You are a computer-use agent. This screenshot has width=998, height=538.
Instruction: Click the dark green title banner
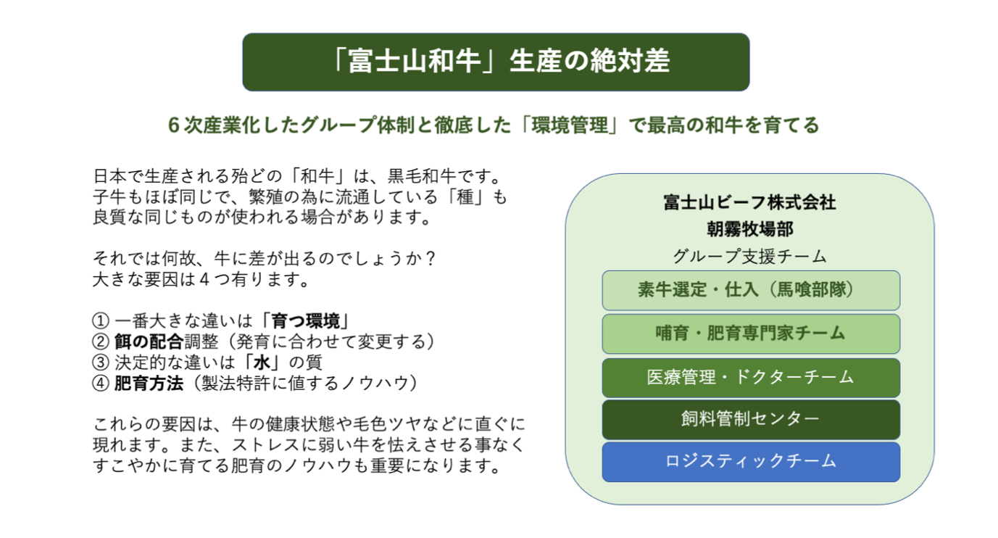496,62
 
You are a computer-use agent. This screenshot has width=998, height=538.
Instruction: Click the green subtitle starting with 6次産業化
494,125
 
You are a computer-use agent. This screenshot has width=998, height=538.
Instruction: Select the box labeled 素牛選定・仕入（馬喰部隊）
751,290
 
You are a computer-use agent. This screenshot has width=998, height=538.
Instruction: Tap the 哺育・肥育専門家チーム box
751,334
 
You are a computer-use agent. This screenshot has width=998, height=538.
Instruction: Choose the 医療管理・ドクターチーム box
751,378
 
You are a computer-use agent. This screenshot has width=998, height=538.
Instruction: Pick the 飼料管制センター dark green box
751,419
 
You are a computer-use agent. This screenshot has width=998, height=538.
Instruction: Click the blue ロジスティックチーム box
751,462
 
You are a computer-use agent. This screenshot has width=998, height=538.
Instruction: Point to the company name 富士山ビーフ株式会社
750,203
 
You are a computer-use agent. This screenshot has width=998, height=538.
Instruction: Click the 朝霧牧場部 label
750,229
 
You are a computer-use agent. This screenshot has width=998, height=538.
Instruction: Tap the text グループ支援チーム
750,256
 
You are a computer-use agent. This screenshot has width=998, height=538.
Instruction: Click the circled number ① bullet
101,321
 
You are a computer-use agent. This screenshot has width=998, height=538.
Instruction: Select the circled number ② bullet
101,342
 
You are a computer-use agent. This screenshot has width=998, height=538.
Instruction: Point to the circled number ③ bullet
101,363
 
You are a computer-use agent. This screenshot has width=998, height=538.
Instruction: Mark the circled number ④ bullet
101,384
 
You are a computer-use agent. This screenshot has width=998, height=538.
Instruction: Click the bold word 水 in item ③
262,363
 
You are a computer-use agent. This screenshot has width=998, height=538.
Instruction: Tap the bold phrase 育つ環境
306,321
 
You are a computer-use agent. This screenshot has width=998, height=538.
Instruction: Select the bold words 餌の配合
149,342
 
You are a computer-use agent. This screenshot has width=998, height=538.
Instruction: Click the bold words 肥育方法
149,384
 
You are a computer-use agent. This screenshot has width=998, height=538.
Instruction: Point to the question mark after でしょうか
430,259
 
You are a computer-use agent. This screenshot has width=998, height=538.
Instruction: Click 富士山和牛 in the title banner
414,61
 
